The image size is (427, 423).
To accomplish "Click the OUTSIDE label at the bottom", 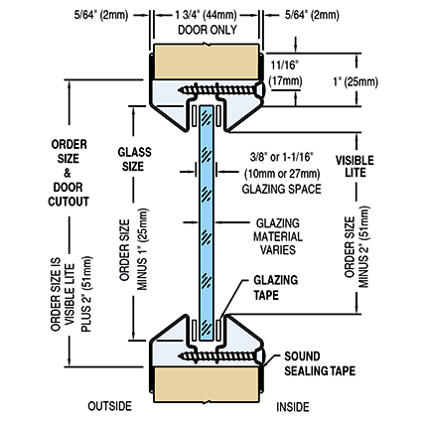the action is click(x=109, y=406).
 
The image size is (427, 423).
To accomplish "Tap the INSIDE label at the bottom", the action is click(x=293, y=407).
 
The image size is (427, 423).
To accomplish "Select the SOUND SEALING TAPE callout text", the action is click(x=320, y=363).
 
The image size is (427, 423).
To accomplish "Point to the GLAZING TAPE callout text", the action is click(x=276, y=287).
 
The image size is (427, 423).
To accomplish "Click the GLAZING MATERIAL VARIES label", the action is click(x=278, y=236).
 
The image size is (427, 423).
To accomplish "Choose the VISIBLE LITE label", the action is click(x=355, y=166).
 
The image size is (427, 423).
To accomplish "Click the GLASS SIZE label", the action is click(x=134, y=159).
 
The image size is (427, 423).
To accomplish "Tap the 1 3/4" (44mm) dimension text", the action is click(x=206, y=15).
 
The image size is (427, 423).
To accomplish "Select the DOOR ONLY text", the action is click(x=208, y=30).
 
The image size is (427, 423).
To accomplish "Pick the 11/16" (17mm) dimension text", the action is click(x=285, y=73).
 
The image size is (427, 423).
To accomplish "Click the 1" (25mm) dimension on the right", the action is click(x=356, y=81).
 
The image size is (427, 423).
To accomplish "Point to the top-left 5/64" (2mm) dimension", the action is click(x=101, y=15).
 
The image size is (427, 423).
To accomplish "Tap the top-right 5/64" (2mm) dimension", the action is click(x=312, y=15).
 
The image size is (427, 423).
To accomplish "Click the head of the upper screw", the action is click(x=260, y=89).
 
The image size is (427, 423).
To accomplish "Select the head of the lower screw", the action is click(x=260, y=356).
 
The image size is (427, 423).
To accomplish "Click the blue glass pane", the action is click(x=207, y=223).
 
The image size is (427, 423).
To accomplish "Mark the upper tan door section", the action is click(x=207, y=62).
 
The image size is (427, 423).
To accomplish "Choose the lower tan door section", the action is click(x=207, y=384).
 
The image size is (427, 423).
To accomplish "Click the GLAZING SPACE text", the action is click(x=281, y=189).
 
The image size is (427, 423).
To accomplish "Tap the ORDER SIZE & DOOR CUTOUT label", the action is click(x=69, y=173).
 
